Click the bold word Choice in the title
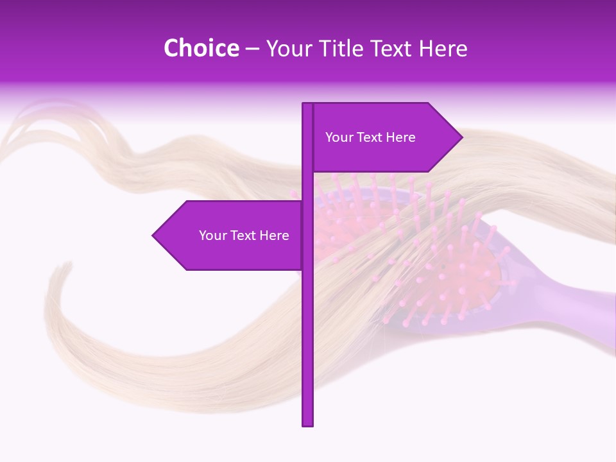[x=201, y=48]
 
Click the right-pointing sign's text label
[x=370, y=137]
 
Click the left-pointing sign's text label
[x=244, y=235]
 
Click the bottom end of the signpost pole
[x=308, y=424]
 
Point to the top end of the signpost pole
[x=308, y=105]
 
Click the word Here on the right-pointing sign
[x=401, y=137]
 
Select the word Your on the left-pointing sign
[x=212, y=235]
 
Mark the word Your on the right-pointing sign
[x=339, y=137]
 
